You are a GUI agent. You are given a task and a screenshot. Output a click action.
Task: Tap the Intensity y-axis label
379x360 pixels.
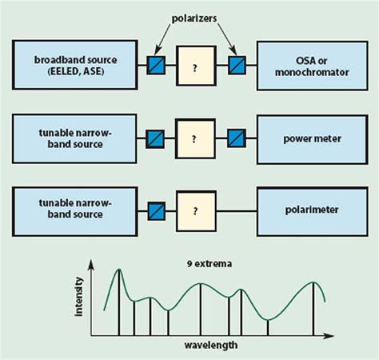[x=78, y=300]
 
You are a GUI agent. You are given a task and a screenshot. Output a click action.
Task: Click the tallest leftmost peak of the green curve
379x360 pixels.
[x=119, y=272]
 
